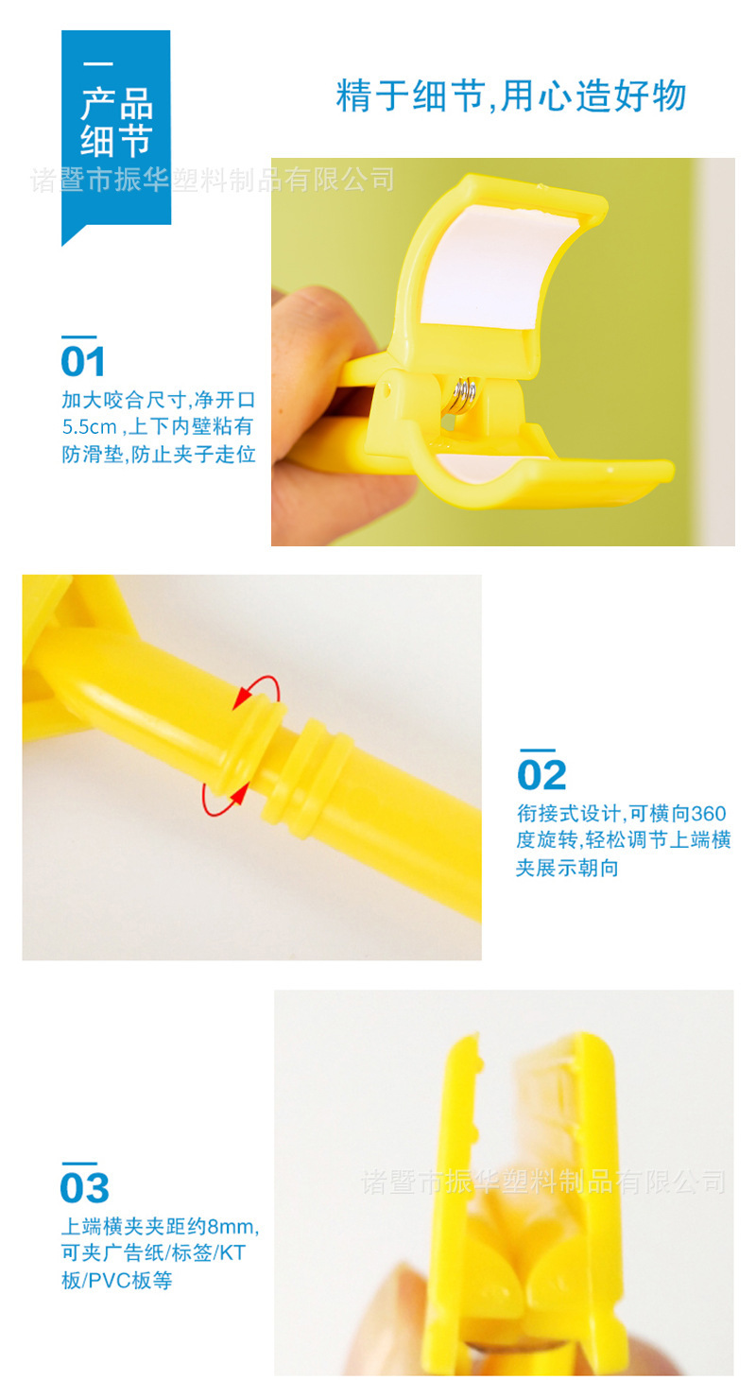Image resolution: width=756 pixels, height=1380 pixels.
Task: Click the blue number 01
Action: pyautogui.click(x=83, y=362)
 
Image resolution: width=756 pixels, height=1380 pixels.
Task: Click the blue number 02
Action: pyautogui.click(x=541, y=775)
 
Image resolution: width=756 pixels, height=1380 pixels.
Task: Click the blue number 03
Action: pyautogui.click(x=84, y=1189)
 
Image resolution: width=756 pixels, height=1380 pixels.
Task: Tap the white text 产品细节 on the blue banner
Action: pyautogui.click(x=115, y=123)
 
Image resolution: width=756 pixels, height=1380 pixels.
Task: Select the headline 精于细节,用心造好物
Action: pyautogui.click(x=511, y=95)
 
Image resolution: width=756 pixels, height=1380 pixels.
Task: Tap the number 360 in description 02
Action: pyautogui.click(x=709, y=813)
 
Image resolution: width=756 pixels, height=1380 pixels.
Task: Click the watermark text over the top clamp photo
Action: pyautogui.click(x=213, y=179)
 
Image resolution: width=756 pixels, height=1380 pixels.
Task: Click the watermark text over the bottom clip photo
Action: pyautogui.click(x=543, y=1181)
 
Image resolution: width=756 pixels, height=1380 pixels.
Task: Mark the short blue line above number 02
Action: pyautogui.click(x=536, y=750)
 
